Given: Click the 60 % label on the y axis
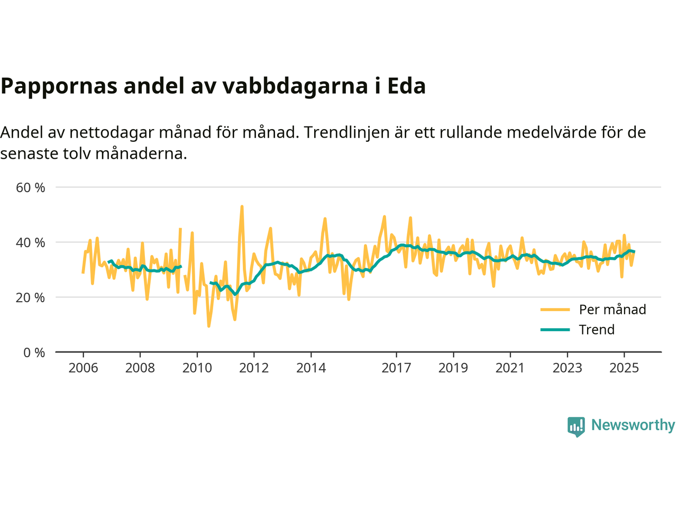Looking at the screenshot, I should click(x=31, y=187).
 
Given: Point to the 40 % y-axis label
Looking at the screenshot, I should click(x=31, y=242).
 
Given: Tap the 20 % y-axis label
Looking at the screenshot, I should click(x=31, y=297).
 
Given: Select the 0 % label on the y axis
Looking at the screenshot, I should click(x=34, y=352).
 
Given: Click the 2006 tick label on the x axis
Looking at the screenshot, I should click(x=83, y=368).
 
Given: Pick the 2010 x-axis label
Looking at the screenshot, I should click(x=197, y=368).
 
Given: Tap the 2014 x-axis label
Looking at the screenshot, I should click(x=311, y=368).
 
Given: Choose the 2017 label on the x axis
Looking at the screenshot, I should click(x=396, y=368).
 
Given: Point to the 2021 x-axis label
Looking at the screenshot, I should click(x=510, y=368).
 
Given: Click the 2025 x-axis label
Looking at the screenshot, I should click(x=624, y=368).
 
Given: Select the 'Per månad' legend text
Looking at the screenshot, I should click(x=612, y=310).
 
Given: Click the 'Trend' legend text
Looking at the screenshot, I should click(x=597, y=330).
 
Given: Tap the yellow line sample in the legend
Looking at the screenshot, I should click(x=555, y=310).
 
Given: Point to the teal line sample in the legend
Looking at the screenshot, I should click(x=555, y=330).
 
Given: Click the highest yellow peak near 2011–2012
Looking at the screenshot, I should click(x=242, y=207).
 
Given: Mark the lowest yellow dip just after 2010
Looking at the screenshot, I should click(x=209, y=326).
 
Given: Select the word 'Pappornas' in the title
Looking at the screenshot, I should click(x=59, y=86).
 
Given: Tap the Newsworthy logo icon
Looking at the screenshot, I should click(x=576, y=426).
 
